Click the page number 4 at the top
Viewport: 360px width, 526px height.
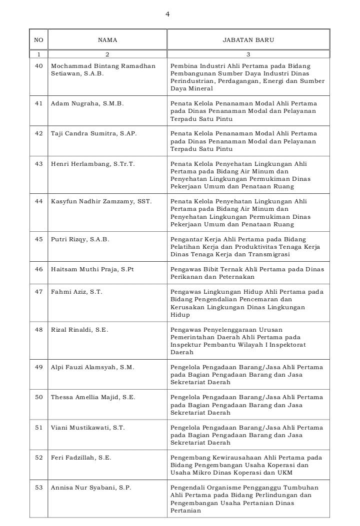point(167,14)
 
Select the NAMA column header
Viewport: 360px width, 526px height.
point(107,40)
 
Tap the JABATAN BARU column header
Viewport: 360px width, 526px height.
point(248,40)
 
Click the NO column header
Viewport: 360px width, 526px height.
point(38,40)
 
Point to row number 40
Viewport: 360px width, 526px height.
point(39,66)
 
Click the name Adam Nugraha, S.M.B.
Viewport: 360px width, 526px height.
point(87,103)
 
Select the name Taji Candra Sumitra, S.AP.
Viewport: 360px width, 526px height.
point(93,134)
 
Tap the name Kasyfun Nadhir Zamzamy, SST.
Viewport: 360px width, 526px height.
point(101,201)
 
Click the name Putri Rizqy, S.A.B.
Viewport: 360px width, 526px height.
point(80,239)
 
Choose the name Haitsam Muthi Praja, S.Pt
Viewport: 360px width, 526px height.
point(92,269)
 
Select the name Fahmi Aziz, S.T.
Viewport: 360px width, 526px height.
point(76,292)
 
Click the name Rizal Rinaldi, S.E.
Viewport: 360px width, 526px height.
point(79,330)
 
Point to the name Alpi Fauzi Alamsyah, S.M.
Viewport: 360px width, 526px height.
point(92,367)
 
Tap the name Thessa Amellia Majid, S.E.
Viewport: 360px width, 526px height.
point(93,397)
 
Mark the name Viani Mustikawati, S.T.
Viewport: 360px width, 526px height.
point(88,428)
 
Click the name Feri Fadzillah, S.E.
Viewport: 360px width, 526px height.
point(81,458)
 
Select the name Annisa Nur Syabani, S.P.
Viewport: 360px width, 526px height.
point(91,488)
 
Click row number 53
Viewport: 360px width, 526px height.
point(39,488)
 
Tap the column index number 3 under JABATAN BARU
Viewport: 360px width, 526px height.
point(248,54)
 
